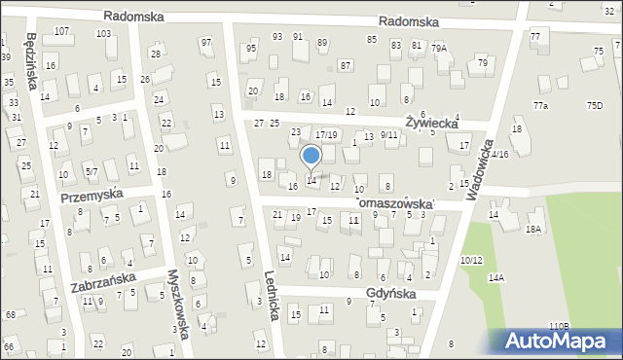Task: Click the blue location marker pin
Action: coord(311,156)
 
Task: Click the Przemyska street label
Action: coord(91,195)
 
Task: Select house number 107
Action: coord(61,31)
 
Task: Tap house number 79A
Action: coord(439,48)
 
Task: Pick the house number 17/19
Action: coord(326,135)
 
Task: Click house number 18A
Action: coord(532,230)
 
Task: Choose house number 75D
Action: coord(594,105)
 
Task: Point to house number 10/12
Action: coord(471,260)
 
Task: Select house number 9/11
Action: coord(388,135)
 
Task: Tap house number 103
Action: coord(102,33)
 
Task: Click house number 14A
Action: coord(496,278)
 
